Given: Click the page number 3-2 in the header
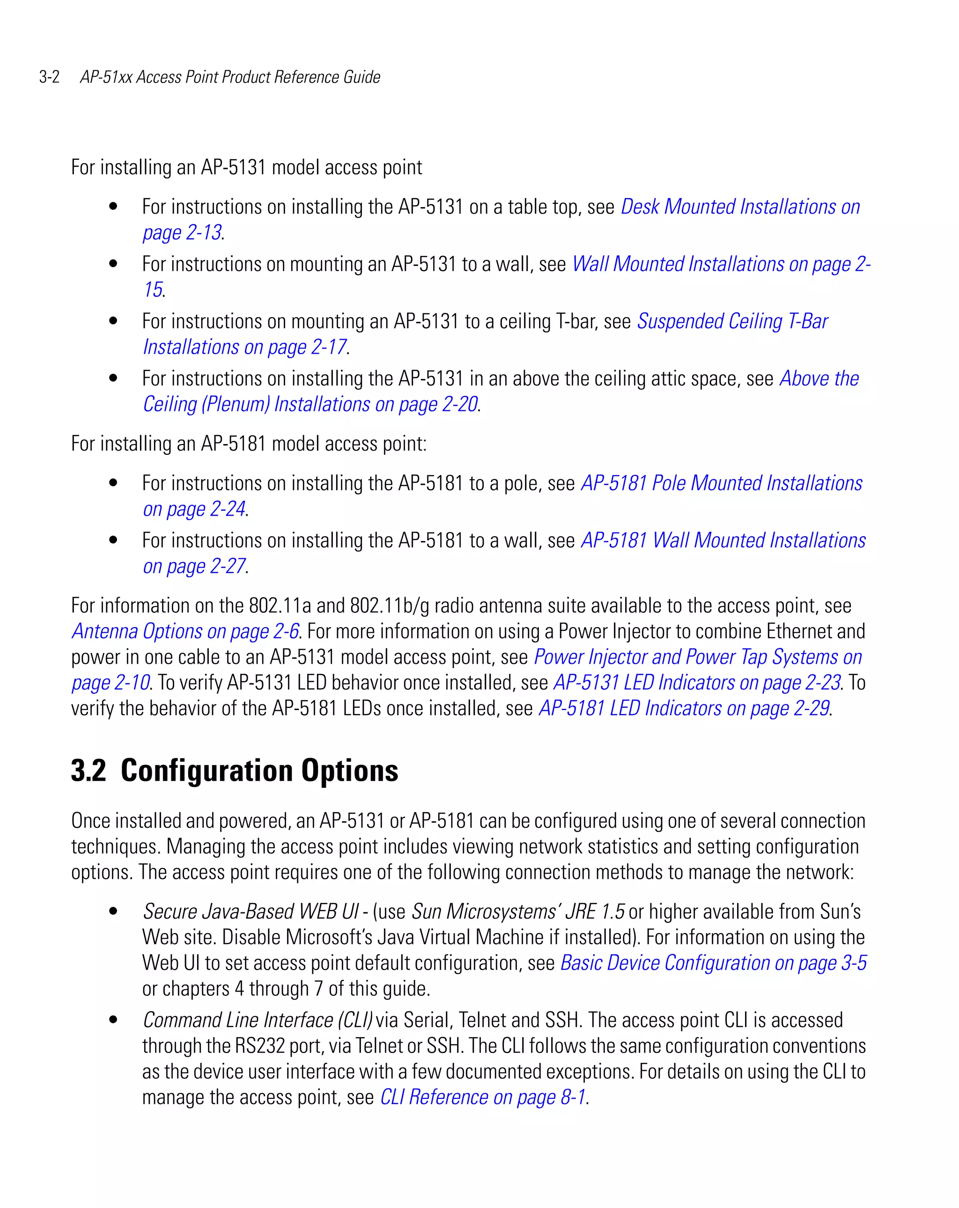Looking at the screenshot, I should pyautogui.click(x=49, y=77).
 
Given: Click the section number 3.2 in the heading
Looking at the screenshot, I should pyautogui.click(x=88, y=771).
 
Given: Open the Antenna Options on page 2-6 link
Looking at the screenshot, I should pyautogui.click(x=185, y=631).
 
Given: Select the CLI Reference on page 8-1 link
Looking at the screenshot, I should pyautogui.click(x=483, y=1097).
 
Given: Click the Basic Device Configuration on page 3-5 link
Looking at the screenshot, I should pyautogui.click(x=713, y=963).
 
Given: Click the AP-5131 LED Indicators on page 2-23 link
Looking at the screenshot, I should pyautogui.click(x=697, y=683).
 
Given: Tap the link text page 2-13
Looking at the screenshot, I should pyautogui.click(x=182, y=232).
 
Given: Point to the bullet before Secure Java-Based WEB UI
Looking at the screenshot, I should pyautogui.click(x=114, y=912).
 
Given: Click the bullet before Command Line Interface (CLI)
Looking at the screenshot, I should pyautogui.click(x=114, y=1020).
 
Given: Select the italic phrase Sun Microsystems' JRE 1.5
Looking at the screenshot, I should pyautogui.click(x=517, y=912).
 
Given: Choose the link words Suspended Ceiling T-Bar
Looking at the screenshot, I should pyautogui.click(x=732, y=322).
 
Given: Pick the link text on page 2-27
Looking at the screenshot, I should pyautogui.click(x=194, y=566).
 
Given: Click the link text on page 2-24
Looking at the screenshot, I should pyautogui.click(x=194, y=509).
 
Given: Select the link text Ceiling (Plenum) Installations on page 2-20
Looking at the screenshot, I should pyautogui.click(x=310, y=404).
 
